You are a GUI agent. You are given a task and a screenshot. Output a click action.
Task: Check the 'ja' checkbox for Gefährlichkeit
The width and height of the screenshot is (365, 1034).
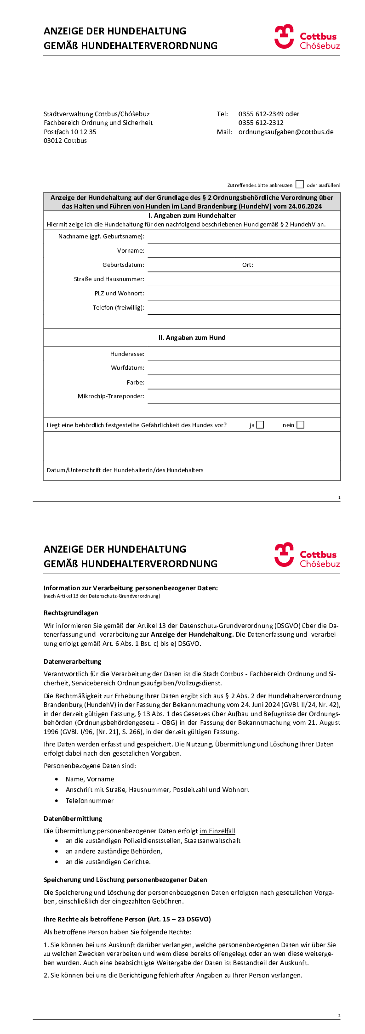(260, 425)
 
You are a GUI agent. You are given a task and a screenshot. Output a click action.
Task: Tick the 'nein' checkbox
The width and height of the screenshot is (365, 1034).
(300, 425)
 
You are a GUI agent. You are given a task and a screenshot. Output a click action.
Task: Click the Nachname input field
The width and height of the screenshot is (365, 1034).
(244, 237)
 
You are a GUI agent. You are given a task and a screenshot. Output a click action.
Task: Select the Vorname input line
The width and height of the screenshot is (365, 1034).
(244, 251)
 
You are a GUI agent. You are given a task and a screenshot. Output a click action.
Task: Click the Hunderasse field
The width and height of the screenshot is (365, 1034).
(244, 354)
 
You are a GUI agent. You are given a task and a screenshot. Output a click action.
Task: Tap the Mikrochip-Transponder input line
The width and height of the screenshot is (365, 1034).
(244, 397)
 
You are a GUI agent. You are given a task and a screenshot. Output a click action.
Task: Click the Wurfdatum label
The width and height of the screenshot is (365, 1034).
(127, 368)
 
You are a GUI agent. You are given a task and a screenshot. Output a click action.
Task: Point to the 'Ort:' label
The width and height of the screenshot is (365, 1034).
(247, 265)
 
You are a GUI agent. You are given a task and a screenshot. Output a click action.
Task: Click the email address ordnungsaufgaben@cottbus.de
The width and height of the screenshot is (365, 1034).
(286, 132)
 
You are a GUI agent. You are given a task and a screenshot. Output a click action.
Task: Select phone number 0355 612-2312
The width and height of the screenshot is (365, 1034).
(261, 123)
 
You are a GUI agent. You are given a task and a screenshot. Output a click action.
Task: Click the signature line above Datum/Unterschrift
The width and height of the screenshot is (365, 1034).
(128, 459)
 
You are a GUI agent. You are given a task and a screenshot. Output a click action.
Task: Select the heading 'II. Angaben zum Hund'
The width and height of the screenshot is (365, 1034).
(192, 338)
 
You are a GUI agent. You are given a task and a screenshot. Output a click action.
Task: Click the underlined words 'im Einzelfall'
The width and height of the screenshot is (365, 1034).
(217, 831)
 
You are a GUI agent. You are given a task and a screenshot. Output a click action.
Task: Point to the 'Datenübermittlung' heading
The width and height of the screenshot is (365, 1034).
(73, 819)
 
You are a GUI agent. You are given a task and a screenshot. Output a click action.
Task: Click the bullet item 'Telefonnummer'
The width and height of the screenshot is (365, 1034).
(89, 801)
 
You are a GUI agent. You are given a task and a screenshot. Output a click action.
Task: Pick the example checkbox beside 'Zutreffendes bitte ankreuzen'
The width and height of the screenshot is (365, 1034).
(300, 185)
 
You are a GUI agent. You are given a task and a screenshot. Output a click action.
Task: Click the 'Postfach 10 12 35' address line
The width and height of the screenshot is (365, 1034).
(70, 132)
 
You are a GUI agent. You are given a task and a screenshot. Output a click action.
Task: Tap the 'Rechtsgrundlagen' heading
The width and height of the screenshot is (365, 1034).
(71, 613)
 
